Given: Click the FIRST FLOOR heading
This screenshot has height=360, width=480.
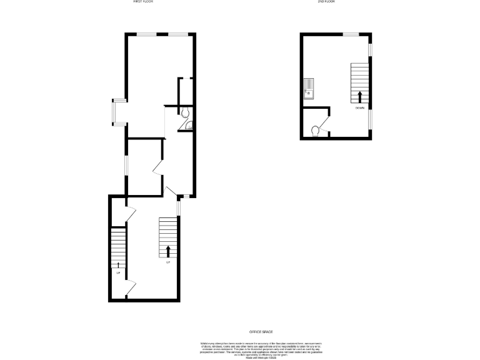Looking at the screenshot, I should [x=143, y=2].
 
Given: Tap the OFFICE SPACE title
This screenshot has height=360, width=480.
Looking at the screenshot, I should [x=261, y=332].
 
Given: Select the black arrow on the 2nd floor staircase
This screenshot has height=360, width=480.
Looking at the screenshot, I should [x=360, y=96].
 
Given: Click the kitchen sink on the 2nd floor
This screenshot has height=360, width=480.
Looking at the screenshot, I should [x=309, y=89].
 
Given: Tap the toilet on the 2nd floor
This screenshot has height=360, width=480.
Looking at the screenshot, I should [x=316, y=131].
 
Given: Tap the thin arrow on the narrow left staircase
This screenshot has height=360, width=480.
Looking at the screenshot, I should [x=118, y=265].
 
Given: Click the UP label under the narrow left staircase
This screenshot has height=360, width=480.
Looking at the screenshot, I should [x=118, y=272].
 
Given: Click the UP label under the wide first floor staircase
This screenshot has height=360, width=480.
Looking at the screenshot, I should [x=168, y=262].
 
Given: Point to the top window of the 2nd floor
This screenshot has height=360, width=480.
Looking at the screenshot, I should [x=350, y=34].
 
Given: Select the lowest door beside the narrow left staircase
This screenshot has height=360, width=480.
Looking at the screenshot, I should [x=129, y=289].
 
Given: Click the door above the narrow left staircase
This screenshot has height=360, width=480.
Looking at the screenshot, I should [x=130, y=214].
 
